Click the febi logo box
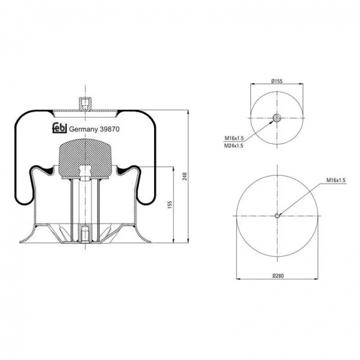coord(59,128)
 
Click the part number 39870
coord(109,129)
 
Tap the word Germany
coord(83,129)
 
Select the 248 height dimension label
coord(185,176)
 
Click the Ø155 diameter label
coord(277,81)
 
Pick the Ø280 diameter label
coord(278,275)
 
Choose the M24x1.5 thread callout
coord(233,145)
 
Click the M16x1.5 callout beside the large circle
coord(336,180)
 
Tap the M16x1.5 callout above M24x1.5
coord(234,138)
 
